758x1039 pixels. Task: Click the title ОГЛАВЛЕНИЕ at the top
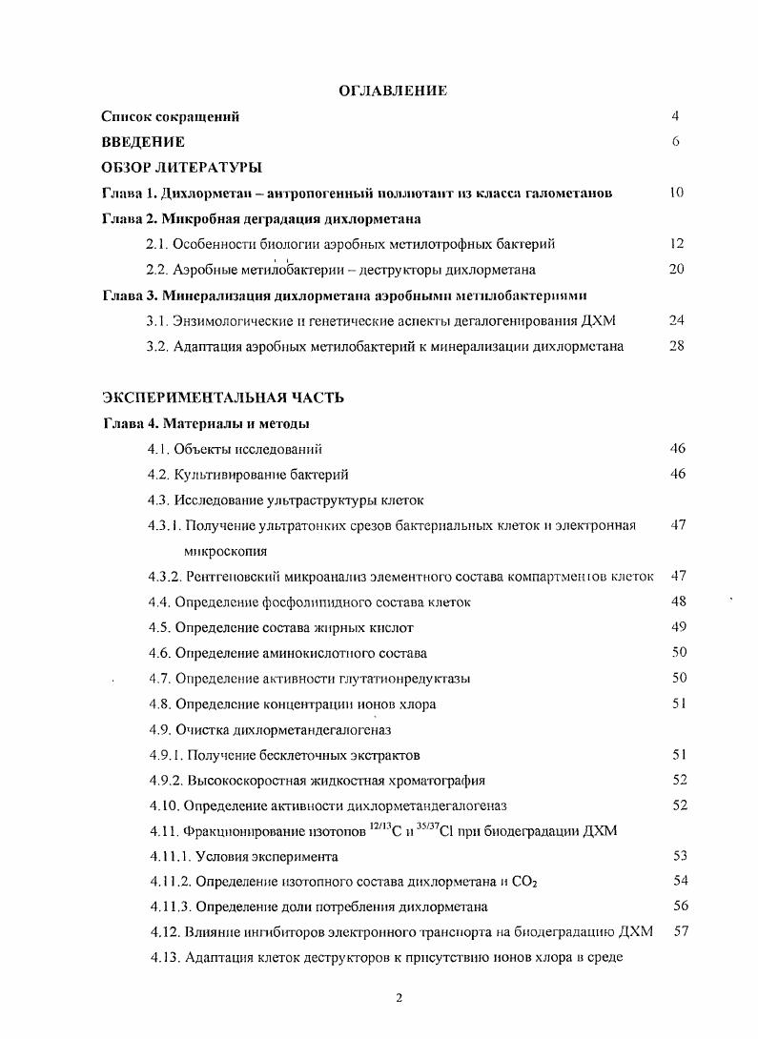(x=393, y=91)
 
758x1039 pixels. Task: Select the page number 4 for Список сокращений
(x=674, y=116)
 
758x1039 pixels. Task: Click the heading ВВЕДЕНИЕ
(x=143, y=142)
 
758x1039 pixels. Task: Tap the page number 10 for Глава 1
(x=677, y=193)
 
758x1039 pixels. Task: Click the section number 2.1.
(x=157, y=244)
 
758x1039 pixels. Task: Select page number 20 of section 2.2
(x=677, y=270)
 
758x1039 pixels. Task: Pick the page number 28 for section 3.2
(x=677, y=346)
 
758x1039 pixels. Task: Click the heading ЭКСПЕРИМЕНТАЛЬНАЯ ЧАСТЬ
(x=223, y=397)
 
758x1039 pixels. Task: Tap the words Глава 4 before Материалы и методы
(x=129, y=423)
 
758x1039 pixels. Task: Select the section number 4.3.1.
(x=165, y=525)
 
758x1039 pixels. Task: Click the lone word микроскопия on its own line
(x=226, y=551)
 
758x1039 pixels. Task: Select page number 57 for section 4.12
(x=681, y=931)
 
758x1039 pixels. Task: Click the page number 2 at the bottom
(x=399, y=998)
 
